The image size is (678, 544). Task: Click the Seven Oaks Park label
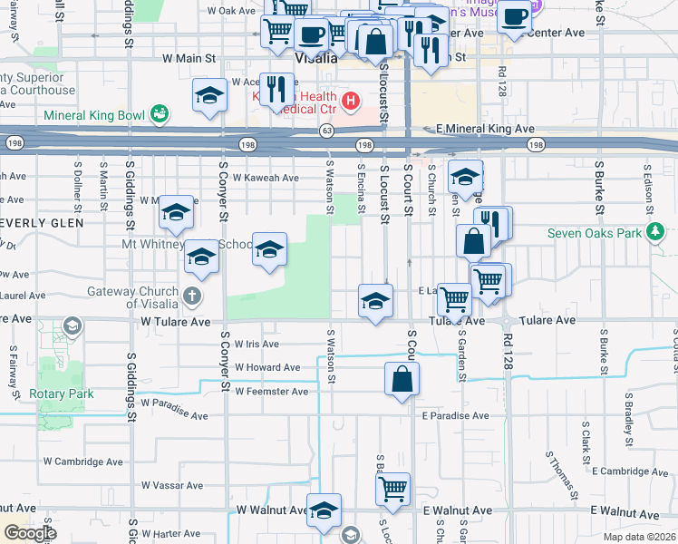pos(594,233)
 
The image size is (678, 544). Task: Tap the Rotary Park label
pos(62,394)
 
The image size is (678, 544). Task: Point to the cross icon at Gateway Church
pos(192,296)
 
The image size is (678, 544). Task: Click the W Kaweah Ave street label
pos(266,178)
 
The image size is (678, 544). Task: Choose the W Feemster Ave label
pos(272,392)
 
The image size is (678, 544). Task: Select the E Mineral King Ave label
pos(485,130)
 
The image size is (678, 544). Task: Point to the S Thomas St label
pos(562,476)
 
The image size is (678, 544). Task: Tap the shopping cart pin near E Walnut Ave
pos(392,489)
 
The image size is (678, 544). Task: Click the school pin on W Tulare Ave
pos(374,301)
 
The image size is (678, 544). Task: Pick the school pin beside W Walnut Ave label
pos(324,510)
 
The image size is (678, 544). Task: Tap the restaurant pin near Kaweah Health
pos(277,89)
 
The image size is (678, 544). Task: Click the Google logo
pos(31,533)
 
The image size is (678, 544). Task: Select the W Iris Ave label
pos(257,345)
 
